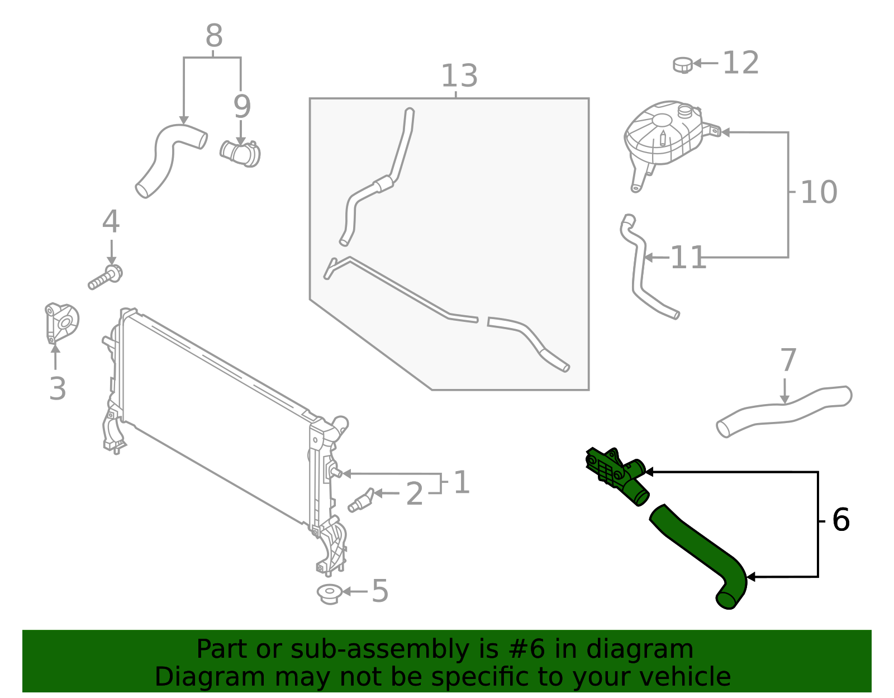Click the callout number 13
tap(459, 76)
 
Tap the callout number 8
tap(214, 36)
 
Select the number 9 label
tap(242, 107)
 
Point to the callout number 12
tap(741, 63)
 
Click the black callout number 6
tap(841, 520)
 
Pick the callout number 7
tap(788, 360)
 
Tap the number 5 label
tap(380, 591)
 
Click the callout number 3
tap(58, 389)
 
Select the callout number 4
tap(111, 222)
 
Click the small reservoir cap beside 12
tap(683, 65)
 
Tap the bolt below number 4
tap(105, 278)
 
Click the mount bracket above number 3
tap(61, 323)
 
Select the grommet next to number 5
tap(329, 593)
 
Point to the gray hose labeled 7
tap(782, 411)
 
